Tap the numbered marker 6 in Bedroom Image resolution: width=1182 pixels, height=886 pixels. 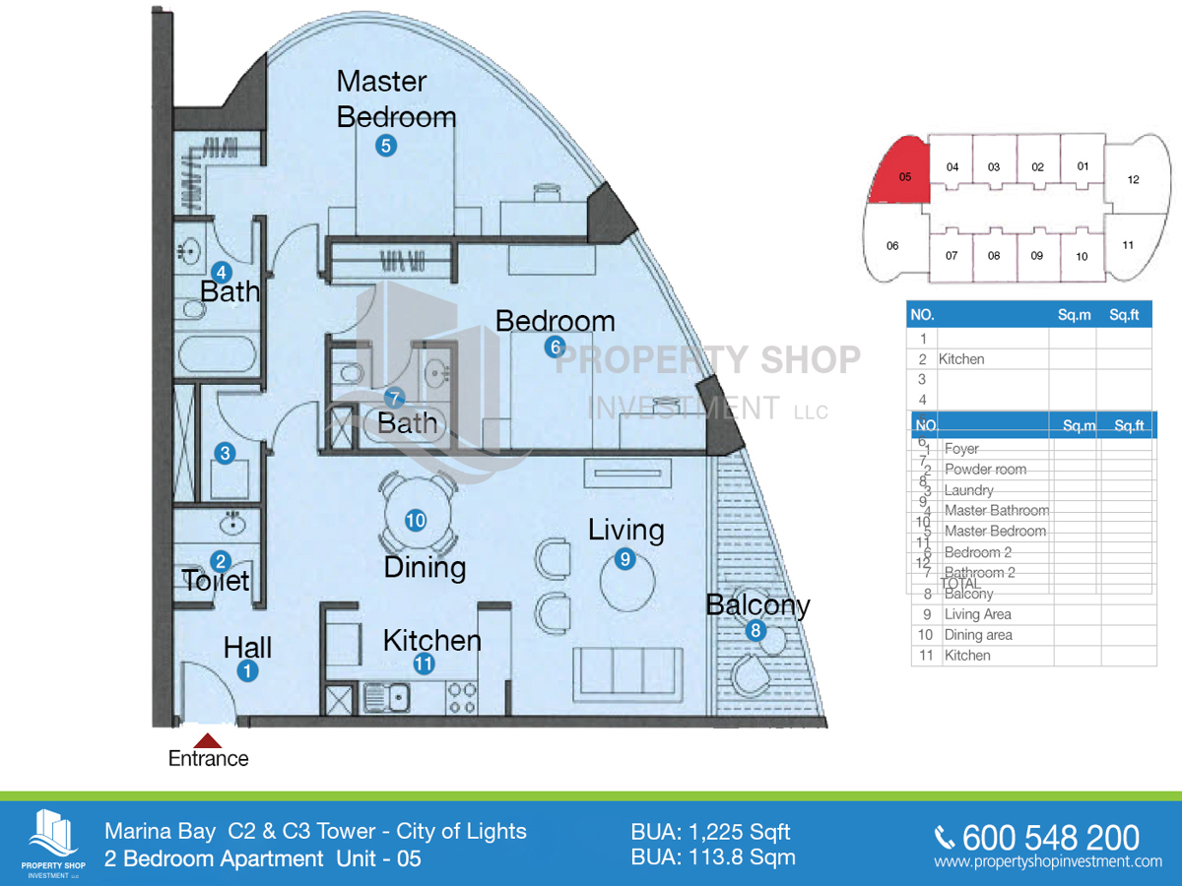coord(555,347)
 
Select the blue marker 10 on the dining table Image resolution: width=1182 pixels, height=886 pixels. coord(416,520)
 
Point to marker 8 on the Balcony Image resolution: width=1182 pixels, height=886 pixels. coord(755,631)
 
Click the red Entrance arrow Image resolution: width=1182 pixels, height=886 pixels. coord(208,741)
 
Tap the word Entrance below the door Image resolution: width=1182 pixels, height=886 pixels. coord(208,759)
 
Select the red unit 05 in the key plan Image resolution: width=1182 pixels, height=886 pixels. coord(897,172)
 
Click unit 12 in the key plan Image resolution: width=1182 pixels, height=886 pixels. coord(1133,179)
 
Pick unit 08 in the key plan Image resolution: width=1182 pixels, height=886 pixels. coord(993,256)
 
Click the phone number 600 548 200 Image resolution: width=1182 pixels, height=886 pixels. coord(1050,838)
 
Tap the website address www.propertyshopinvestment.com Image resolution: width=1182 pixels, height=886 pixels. coord(1048,862)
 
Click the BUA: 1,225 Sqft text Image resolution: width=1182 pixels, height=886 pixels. coord(710,833)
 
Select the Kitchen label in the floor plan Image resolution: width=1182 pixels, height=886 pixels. coord(431,641)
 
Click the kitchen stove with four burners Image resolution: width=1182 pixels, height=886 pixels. coord(462,698)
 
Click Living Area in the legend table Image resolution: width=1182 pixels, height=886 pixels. coord(977,614)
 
